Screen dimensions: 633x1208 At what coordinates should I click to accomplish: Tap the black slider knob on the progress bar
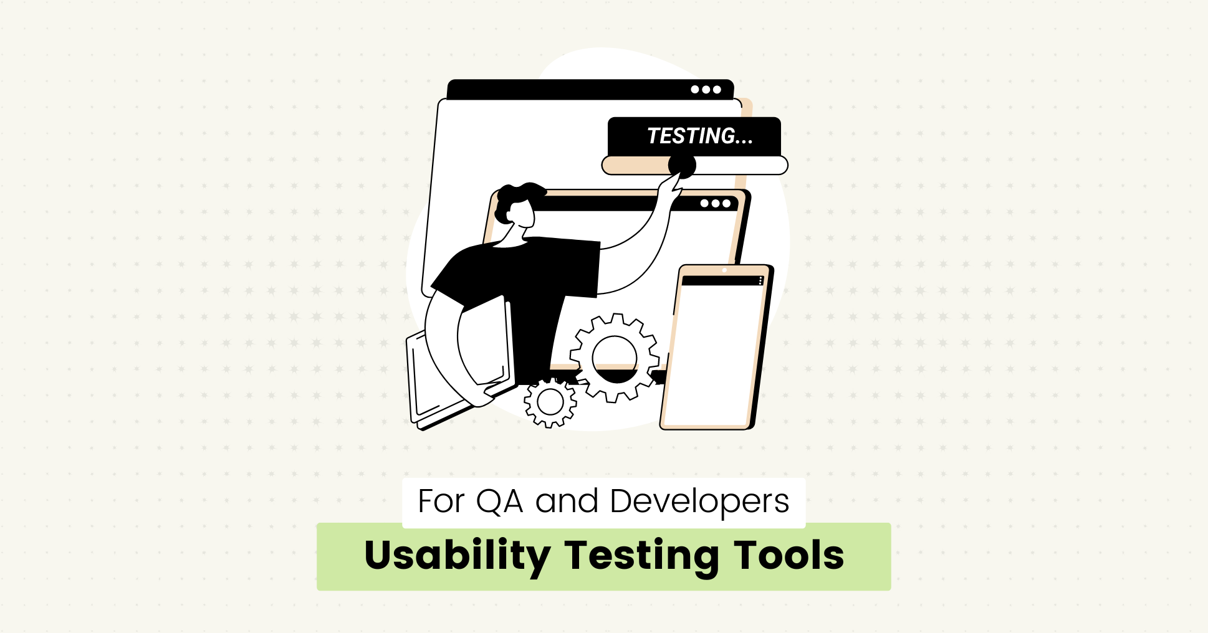[x=682, y=166]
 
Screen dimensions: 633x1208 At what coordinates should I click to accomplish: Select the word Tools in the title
[x=789, y=556]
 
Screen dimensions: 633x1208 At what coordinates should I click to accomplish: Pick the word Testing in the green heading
[x=642, y=556]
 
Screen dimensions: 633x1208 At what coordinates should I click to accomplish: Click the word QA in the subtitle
[x=499, y=502]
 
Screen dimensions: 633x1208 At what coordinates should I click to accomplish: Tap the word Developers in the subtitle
[x=699, y=502]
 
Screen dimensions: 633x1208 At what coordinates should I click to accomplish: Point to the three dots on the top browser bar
[x=706, y=90]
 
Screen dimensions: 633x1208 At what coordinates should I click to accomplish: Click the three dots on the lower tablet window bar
[x=715, y=204]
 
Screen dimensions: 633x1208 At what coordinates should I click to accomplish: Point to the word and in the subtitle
[x=567, y=502]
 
